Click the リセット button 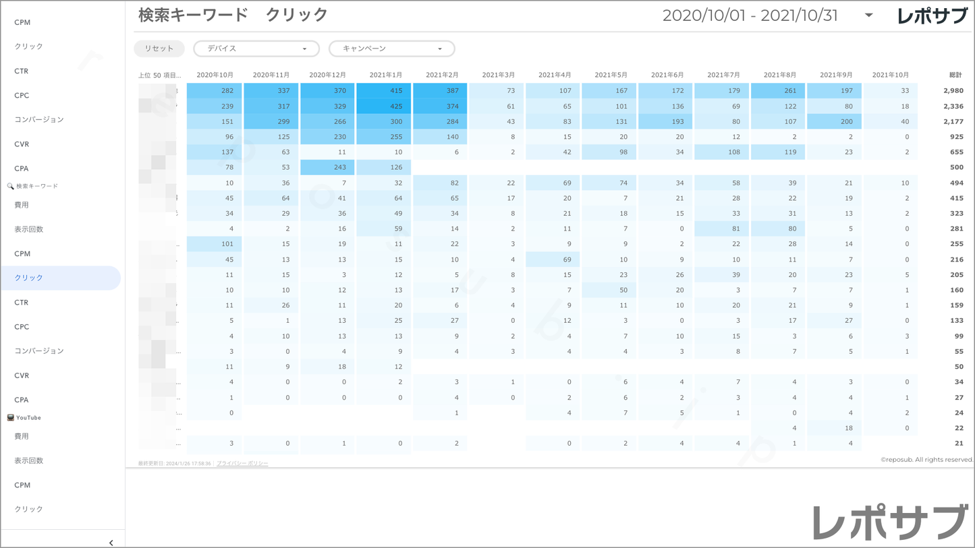[159, 49]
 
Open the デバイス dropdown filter [256, 49]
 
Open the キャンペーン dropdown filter [391, 49]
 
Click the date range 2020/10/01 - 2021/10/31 [750, 16]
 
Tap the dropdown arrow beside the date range [868, 16]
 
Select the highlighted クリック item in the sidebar [61, 278]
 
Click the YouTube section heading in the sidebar [28, 418]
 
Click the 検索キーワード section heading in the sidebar [36, 186]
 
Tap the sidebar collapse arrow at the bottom [111, 543]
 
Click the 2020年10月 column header [215, 75]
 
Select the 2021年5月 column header [611, 75]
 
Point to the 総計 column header [955, 75]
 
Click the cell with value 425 [384, 106]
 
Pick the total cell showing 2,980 [953, 90]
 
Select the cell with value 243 [327, 167]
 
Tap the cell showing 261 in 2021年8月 [778, 90]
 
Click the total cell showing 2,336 [953, 106]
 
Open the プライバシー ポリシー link [242, 464]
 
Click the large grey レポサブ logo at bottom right [890, 522]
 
